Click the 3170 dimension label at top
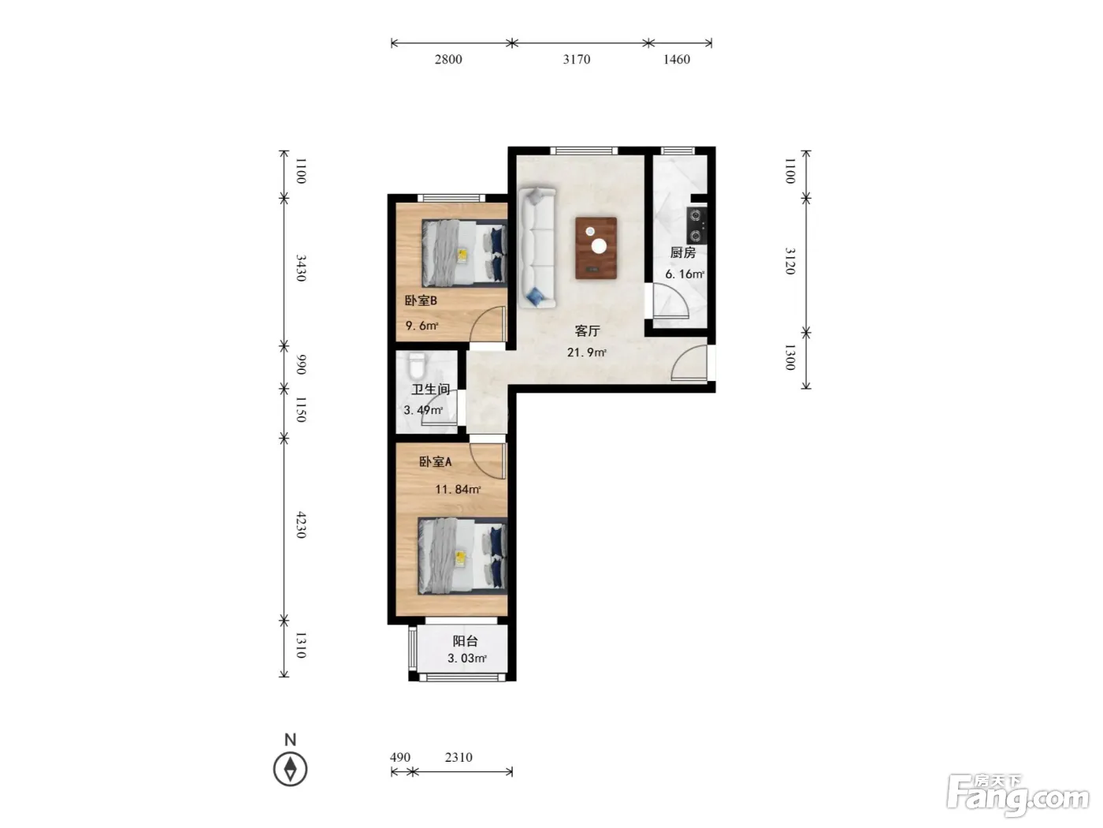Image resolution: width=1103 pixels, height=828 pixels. pos(577,59)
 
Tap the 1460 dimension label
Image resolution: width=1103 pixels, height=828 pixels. pos(676,59)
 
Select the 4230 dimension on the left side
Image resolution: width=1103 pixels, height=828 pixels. pos(300,524)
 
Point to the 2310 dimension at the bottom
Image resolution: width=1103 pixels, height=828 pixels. pos(459,757)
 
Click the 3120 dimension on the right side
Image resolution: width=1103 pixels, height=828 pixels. pos(790,261)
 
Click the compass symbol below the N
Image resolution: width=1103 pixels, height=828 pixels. pos(291,769)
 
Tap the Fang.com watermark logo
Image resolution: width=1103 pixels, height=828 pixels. pos(1018,794)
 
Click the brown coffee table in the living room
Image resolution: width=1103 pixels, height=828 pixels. pos(596,248)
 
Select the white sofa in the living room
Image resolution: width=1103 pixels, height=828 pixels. pos(537,248)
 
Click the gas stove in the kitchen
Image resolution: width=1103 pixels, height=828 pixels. pos(696,226)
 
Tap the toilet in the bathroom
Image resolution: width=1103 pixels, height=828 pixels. pos(417,366)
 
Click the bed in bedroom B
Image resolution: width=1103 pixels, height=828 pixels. pos(464,253)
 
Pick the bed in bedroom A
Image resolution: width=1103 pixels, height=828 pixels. pos(462,556)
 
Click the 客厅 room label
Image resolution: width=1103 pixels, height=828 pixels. pos(587,330)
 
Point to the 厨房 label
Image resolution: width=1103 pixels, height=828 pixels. pos(682,252)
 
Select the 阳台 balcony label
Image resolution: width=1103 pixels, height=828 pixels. pos(465,641)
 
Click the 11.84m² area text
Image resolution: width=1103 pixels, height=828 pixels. pos(458,489)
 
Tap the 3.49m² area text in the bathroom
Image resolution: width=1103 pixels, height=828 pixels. pos(423,410)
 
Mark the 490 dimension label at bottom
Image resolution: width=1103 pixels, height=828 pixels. pos(400,757)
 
